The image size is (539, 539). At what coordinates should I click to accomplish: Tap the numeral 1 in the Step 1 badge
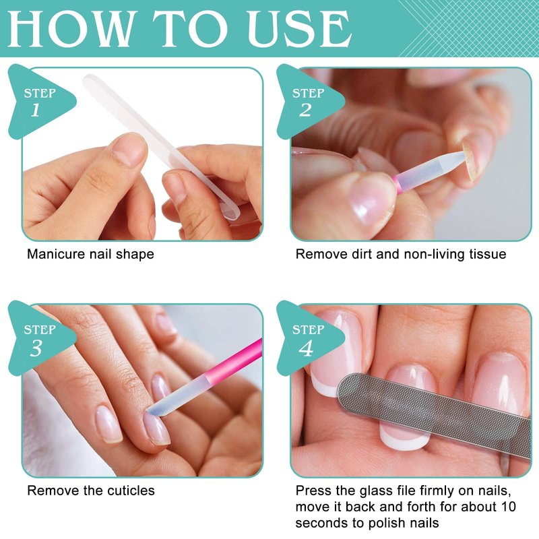[x=36, y=110]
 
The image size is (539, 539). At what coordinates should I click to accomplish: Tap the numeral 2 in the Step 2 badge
[x=305, y=110]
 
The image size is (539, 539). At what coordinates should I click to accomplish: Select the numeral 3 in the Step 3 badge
[x=36, y=348]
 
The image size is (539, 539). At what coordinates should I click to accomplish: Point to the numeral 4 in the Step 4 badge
[x=306, y=348]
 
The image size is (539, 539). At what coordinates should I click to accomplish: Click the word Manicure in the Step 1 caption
[x=56, y=255]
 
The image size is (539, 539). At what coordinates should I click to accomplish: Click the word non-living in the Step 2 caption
[x=431, y=255]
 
